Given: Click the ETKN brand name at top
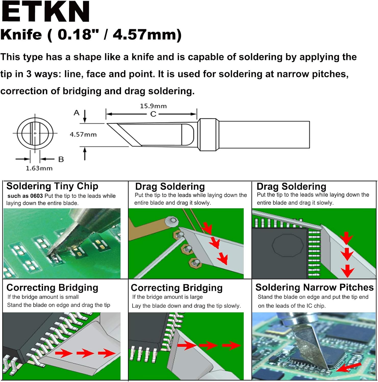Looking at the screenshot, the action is (45, 11).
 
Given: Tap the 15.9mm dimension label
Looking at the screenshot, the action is (153, 106).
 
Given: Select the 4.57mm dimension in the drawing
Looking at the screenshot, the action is (83, 134).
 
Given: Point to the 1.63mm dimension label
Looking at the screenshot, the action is (39, 168).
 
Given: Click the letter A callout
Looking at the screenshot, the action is (76, 113).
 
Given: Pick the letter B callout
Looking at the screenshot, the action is (61, 159).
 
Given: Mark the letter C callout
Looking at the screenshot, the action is (153, 114).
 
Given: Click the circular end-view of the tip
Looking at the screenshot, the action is (35, 133).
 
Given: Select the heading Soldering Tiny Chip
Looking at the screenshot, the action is (52, 186).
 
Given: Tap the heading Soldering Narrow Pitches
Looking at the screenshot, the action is (314, 287).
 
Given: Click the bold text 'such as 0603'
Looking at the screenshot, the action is (25, 196).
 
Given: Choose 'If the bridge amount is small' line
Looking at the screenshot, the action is (43, 297).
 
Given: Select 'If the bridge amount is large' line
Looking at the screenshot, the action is (167, 297).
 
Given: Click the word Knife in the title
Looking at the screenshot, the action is (21, 35).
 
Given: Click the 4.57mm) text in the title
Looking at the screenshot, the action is (147, 35).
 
